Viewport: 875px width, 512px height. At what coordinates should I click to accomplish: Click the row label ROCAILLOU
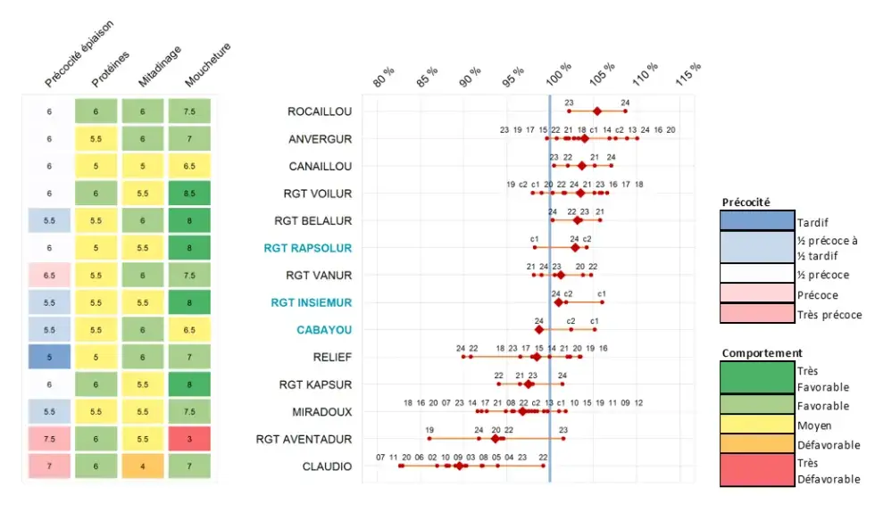pyautogui.click(x=320, y=111)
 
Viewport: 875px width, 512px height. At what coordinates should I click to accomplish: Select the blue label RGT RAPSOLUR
pyautogui.click(x=307, y=248)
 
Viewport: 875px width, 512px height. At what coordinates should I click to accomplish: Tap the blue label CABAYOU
pyautogui.click(x=324, y=330)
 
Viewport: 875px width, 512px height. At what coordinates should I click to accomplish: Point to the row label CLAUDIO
pyautogui.click(x=326, y=467)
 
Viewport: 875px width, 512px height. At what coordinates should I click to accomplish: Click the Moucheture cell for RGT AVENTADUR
pyautogui.click(x=189, y=439)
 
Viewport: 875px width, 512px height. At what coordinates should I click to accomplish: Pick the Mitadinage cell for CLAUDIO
pyautogui.click(x=143, y=467)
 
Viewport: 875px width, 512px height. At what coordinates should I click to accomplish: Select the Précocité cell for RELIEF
pyautogui.click(x=49, y=357)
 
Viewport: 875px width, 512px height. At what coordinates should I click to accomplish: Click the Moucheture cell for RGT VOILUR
pyautogui.click(x=189, y=194)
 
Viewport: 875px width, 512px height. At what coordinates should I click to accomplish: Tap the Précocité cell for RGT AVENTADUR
pyautogui.click(x=49, y=439)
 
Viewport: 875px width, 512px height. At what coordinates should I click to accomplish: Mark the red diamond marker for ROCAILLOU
pyautogui.click(x=597, y=111)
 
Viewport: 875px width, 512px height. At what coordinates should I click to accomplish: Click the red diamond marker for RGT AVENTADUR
pyautogui.click(x=496, y=439)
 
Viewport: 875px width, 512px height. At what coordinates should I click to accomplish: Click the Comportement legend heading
pyautogui.click(x=762, y=353)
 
